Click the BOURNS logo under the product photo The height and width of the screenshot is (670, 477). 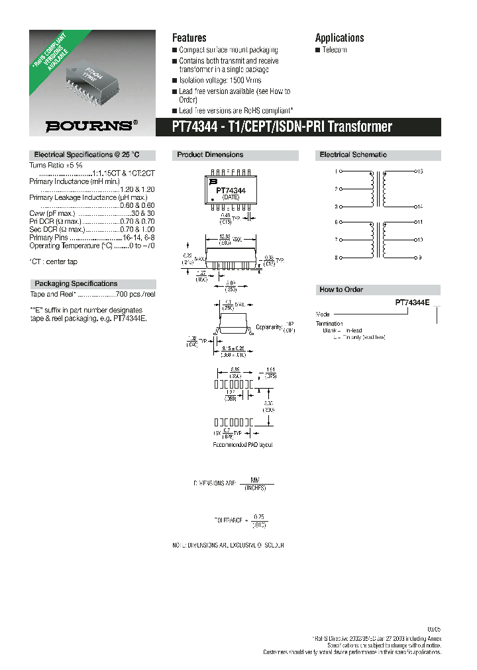click(91, 124)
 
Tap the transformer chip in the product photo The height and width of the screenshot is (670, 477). click(92, 76)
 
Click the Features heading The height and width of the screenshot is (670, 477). click(189, 38)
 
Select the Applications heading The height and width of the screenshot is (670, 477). click(339, 38)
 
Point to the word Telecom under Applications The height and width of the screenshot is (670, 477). click(334, 50)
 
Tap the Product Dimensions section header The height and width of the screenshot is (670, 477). click(210, 155)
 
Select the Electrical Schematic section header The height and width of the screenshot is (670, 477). click(353, 155)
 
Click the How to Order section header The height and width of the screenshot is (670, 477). click(341, 290)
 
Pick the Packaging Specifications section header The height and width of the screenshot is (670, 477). click(76, 283)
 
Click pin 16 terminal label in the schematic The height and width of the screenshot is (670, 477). click(419, 171)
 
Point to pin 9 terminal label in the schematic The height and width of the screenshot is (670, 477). click(419, 257)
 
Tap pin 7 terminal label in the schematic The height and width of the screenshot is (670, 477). click(337, 240)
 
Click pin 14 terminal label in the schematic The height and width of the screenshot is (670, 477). click(419, 206)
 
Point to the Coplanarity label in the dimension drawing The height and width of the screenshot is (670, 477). click(269, 326)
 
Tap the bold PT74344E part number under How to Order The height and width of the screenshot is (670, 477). click(412, 302)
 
